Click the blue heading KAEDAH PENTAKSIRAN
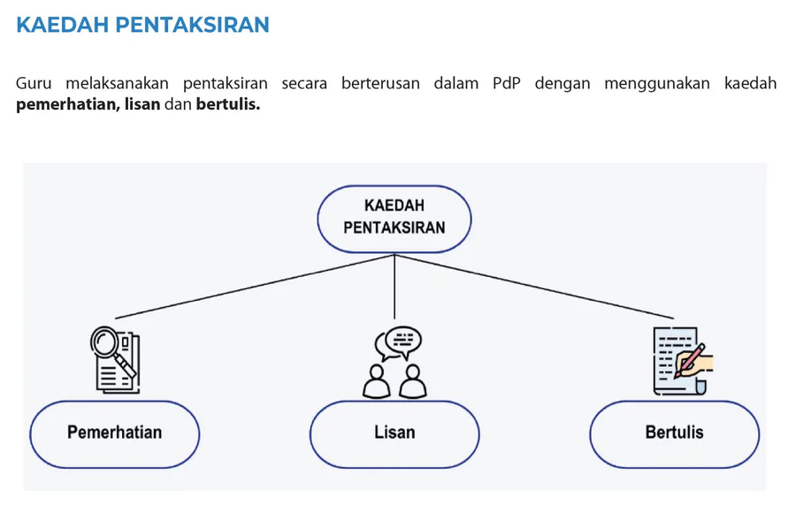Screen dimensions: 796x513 coord(142,25)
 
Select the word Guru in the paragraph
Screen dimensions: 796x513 coord(34,83)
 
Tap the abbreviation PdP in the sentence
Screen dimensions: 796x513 coord(507,83)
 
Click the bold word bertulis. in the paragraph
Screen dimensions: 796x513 coord(228,104)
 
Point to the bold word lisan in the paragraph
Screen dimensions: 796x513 coord(142,104)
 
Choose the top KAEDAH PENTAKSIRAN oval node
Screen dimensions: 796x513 coord(394,219)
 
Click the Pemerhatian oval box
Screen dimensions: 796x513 coord(115,434)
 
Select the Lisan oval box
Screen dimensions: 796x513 coord(394,434)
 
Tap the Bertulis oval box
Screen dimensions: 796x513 coord(675,434)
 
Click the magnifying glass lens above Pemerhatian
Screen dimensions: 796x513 coord(105,341)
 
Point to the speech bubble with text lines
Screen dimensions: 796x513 coord(403,341)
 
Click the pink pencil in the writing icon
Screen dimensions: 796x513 coord(689,360)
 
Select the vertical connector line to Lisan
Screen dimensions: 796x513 coord(394,286)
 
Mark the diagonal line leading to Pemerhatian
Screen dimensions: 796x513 coord(255,287)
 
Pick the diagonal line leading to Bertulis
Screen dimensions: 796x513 coord(534,287)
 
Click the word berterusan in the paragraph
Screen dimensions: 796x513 coord(380,83)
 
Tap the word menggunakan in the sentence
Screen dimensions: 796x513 coord(657,84)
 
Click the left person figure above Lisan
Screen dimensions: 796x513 coord(376,380)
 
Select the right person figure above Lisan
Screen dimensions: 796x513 coord(413,380)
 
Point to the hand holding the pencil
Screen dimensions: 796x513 coord(694,364)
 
